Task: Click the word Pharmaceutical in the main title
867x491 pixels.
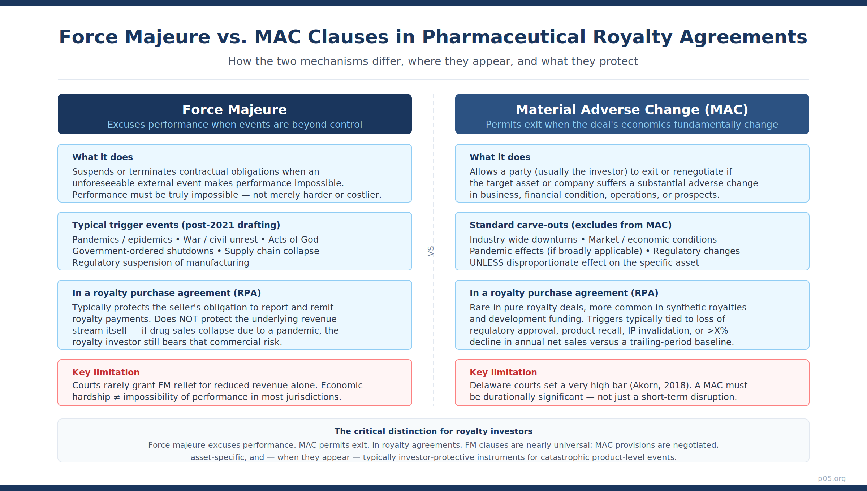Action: click(x=504, y=37)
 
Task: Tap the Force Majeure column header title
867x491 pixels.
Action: click(x=234, y=109)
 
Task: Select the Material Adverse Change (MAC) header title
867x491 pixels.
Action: click(x=632, y=109)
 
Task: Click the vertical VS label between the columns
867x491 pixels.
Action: click(x=431, y=251)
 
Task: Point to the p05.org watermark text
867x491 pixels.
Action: click(x=832, y=478)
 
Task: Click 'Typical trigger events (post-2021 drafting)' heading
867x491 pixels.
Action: click(x=176, y=225)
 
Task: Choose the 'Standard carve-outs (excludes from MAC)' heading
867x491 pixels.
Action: click(x=570, y=225)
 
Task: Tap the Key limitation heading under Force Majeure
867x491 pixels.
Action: click(x=106, y=372)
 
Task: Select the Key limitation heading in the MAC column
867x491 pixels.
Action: click(x=503, y=372)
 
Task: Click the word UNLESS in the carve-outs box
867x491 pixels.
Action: click(x=487, y=262)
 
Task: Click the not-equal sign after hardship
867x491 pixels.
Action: click(x=117, y=397)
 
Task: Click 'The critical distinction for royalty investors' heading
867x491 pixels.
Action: click(x=433, y=431)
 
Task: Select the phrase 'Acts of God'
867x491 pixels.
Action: click(x=293, y=239)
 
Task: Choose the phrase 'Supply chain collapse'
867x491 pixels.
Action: click(x=272, y=251)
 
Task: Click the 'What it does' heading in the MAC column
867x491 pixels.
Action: click(x=500, y=157)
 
